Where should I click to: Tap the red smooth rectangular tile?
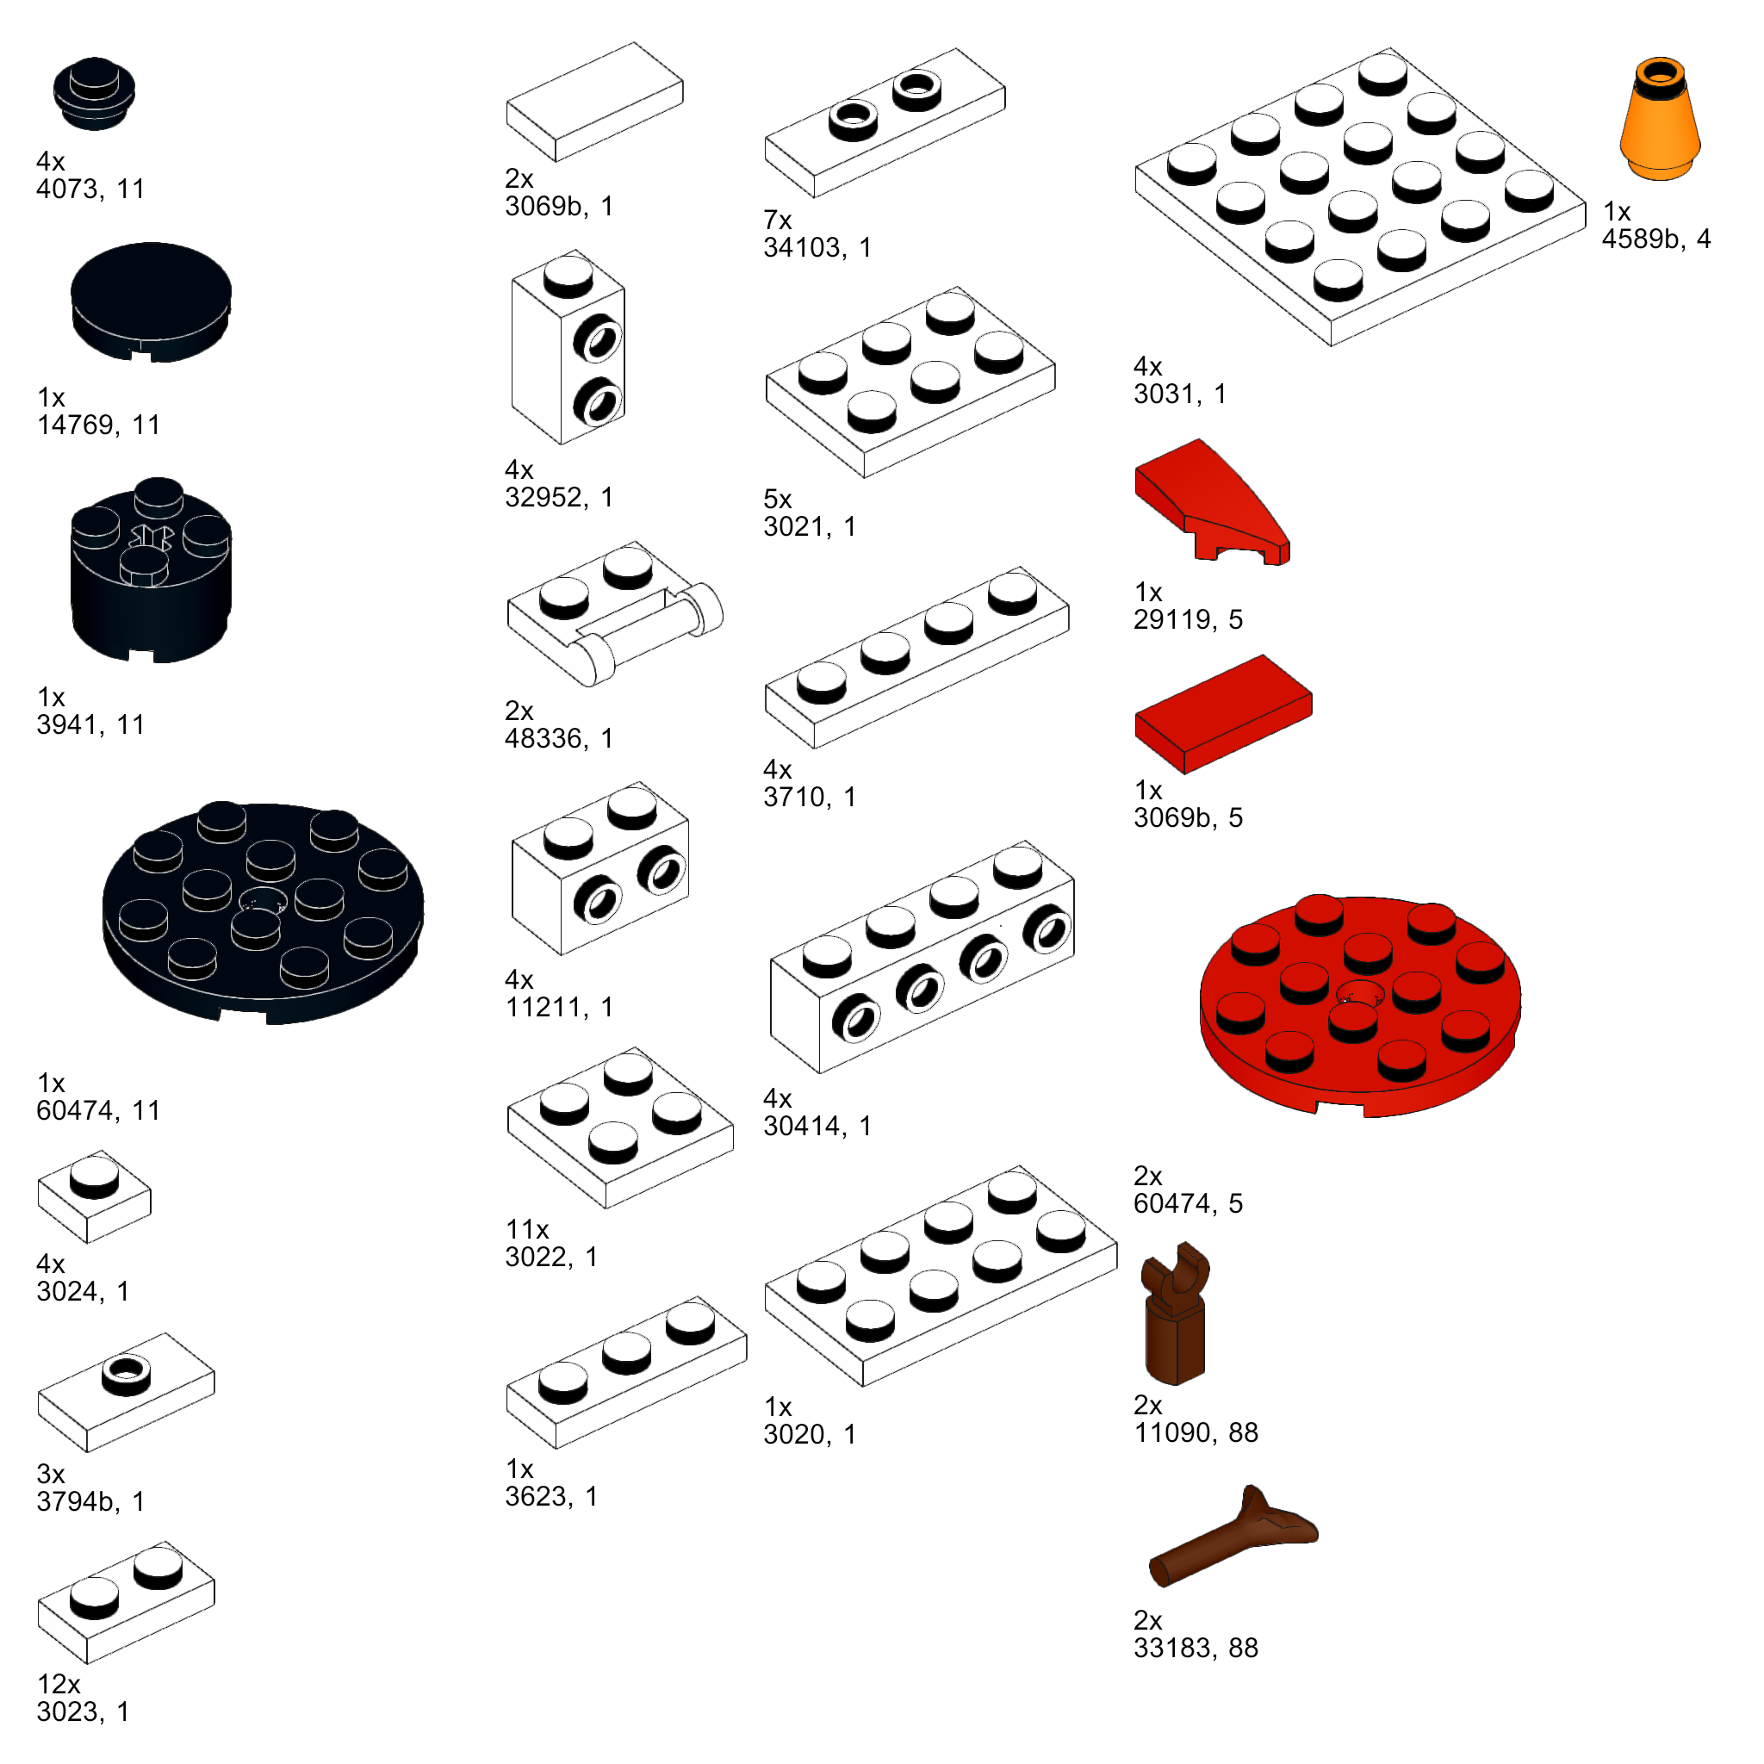[1222, 714]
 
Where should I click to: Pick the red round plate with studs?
[1359, 1004]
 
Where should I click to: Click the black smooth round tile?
[151, 301]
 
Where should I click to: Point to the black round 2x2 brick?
[151, 571]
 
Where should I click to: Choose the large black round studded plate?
[262, 913]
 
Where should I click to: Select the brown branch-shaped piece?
[1233, 1537]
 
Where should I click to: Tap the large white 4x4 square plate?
[1359, 196]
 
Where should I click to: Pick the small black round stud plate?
[94, 93]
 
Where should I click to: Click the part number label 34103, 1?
[817, 247]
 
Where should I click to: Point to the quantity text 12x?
[59, 1684]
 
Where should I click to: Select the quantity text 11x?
[527, 1229]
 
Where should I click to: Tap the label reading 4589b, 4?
[1655, 239]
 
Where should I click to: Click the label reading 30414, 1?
[817, 1126]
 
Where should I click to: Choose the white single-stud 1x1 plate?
[94, 1196]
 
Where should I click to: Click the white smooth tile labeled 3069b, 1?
[594, 102]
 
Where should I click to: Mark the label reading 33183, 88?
[1196, 1648]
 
